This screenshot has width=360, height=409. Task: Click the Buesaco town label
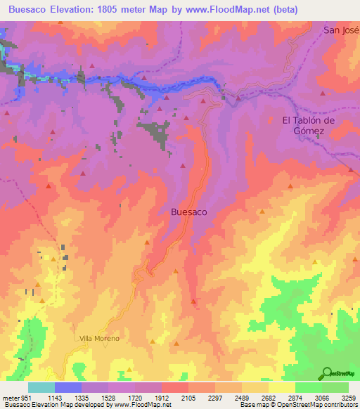coord(189,210)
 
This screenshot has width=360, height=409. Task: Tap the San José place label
coord(341,30)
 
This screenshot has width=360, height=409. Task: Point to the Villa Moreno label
coord(99,338)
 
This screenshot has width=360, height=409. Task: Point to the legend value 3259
coord(349,397)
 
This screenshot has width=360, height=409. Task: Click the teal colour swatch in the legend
coord(41,387)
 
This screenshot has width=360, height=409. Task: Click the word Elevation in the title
coord(75,10)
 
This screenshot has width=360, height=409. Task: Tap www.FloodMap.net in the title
coord(229,10)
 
